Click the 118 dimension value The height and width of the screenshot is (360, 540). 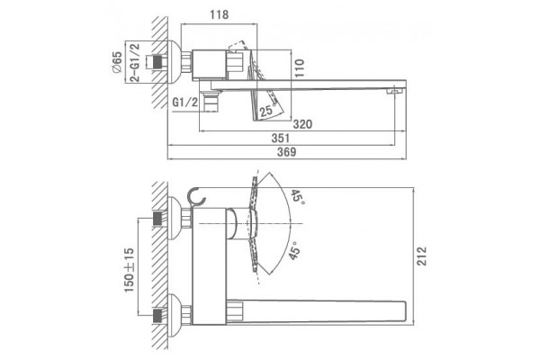pos(219,14)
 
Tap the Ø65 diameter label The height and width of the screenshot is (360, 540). pos(117,62)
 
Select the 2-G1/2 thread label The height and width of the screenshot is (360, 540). pos(135,62)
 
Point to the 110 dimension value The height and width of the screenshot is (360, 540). pos(300,67)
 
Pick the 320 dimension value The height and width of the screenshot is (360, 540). pos(302,124)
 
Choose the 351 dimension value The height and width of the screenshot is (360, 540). pos(281,138)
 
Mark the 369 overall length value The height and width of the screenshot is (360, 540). pos(286,152)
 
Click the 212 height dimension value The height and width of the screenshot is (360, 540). pos(421,256)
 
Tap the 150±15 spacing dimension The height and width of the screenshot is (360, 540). pos(129,270)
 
